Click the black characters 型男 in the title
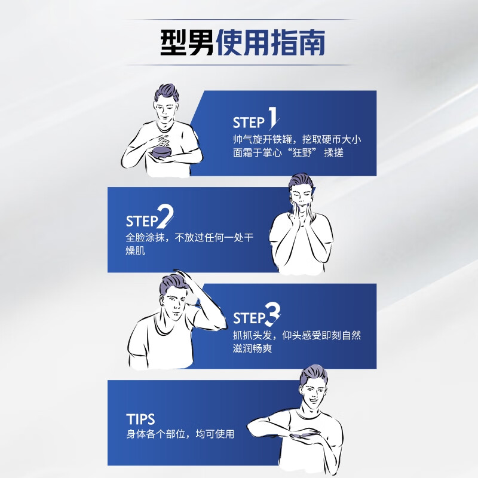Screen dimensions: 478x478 coord(187,42)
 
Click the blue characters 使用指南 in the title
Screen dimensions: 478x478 coord(271,42)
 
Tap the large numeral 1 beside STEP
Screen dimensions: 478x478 coord(273,117)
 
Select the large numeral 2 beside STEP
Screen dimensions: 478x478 coord(166,216)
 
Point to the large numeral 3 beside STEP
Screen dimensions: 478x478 coord(272,314)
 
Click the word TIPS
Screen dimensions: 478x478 coord(140,419)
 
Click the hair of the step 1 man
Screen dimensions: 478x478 coord(166,93)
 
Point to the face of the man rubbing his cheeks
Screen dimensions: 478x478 coord(301,198)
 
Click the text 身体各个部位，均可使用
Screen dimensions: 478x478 coord(180,434)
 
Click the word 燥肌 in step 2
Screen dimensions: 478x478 coord(136,250)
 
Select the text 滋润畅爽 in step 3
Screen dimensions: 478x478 coord(252,348)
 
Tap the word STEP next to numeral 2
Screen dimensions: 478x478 coord(142,221)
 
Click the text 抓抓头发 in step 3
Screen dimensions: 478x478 coord(252,335)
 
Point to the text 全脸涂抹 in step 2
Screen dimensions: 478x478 coord(145,238)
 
